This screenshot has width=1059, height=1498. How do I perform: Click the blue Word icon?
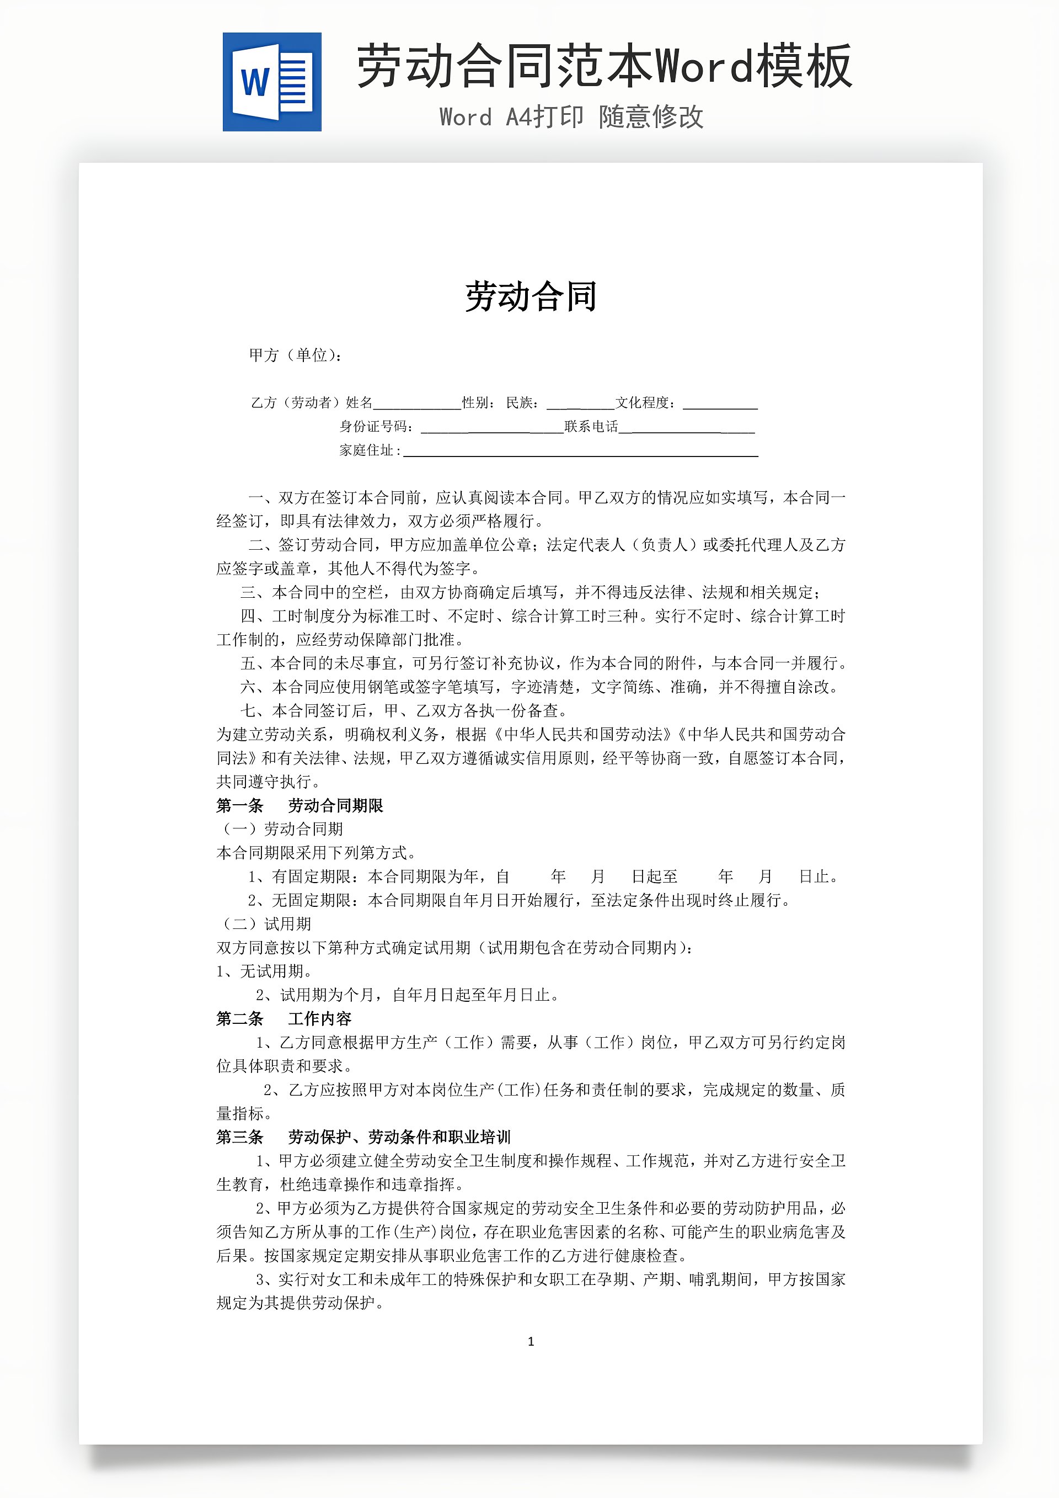pos(272,82)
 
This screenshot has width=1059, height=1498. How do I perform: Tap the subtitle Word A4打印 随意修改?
pos(571,118)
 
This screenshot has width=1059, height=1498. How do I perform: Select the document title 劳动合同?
pos(531,297)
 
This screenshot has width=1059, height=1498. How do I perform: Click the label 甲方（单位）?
pos(295,355)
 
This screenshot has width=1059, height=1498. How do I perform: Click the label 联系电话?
pos(591,427)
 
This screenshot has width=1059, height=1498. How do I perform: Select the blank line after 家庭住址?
pos(580,451)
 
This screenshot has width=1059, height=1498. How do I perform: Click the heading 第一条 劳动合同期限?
pos(299,806)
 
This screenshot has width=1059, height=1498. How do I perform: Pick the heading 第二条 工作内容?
pos(284,1018)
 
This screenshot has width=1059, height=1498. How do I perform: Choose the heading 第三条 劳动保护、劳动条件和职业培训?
pos(363,1137)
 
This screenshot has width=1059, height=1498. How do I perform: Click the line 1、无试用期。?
pos(264,971)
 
